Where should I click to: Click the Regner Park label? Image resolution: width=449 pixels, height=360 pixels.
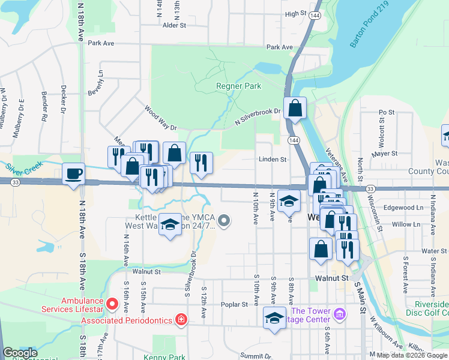238,86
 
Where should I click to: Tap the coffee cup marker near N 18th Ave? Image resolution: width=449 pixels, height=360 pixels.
74,174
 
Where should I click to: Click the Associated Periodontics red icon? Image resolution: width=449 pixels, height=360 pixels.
181,319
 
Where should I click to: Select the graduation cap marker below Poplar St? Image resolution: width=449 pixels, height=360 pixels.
274,318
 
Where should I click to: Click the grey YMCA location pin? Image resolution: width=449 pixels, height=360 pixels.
224,221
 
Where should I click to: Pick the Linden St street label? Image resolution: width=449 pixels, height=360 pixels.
273,160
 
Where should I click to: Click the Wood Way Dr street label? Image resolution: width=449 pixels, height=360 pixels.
161,119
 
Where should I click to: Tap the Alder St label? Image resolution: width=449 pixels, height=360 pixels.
175,26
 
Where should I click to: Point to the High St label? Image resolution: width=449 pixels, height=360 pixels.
296,14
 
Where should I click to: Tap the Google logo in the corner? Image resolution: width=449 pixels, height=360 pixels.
20,353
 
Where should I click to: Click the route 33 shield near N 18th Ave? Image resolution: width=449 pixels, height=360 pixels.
15,181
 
